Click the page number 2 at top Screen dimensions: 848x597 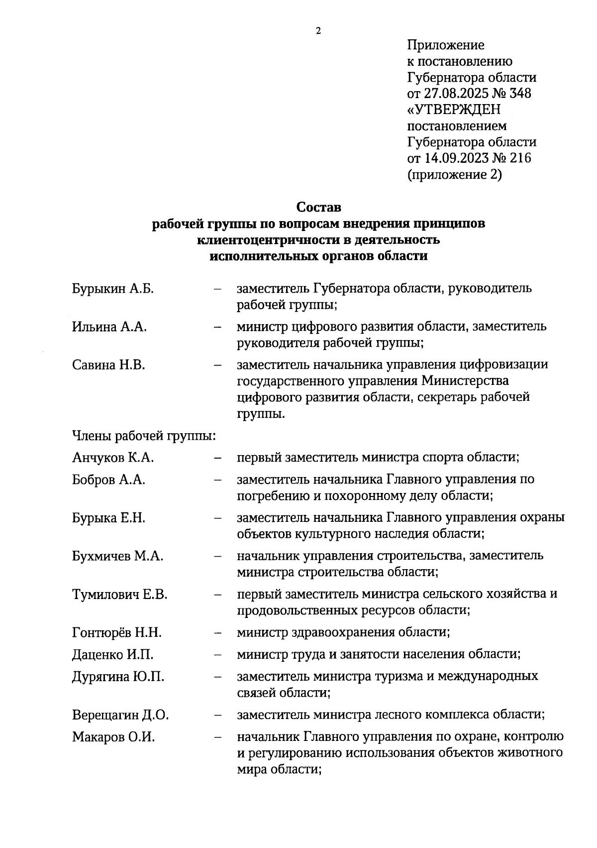click(318, 31)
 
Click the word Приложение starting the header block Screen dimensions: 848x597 click(445, 45)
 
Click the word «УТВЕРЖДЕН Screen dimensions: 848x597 click(454, 110)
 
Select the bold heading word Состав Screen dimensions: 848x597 click(319, 206)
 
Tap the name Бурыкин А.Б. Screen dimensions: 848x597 click(113, 289)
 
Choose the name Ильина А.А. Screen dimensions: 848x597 click(109, 327)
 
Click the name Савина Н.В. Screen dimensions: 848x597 click(108, 365)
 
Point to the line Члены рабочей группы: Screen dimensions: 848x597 click(144, 436)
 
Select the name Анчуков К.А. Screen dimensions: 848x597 click(113, 458)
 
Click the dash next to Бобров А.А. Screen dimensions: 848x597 click(217, 481)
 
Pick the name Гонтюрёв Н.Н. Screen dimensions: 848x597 click(117, 633)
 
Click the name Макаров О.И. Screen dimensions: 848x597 click(113, 737)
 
